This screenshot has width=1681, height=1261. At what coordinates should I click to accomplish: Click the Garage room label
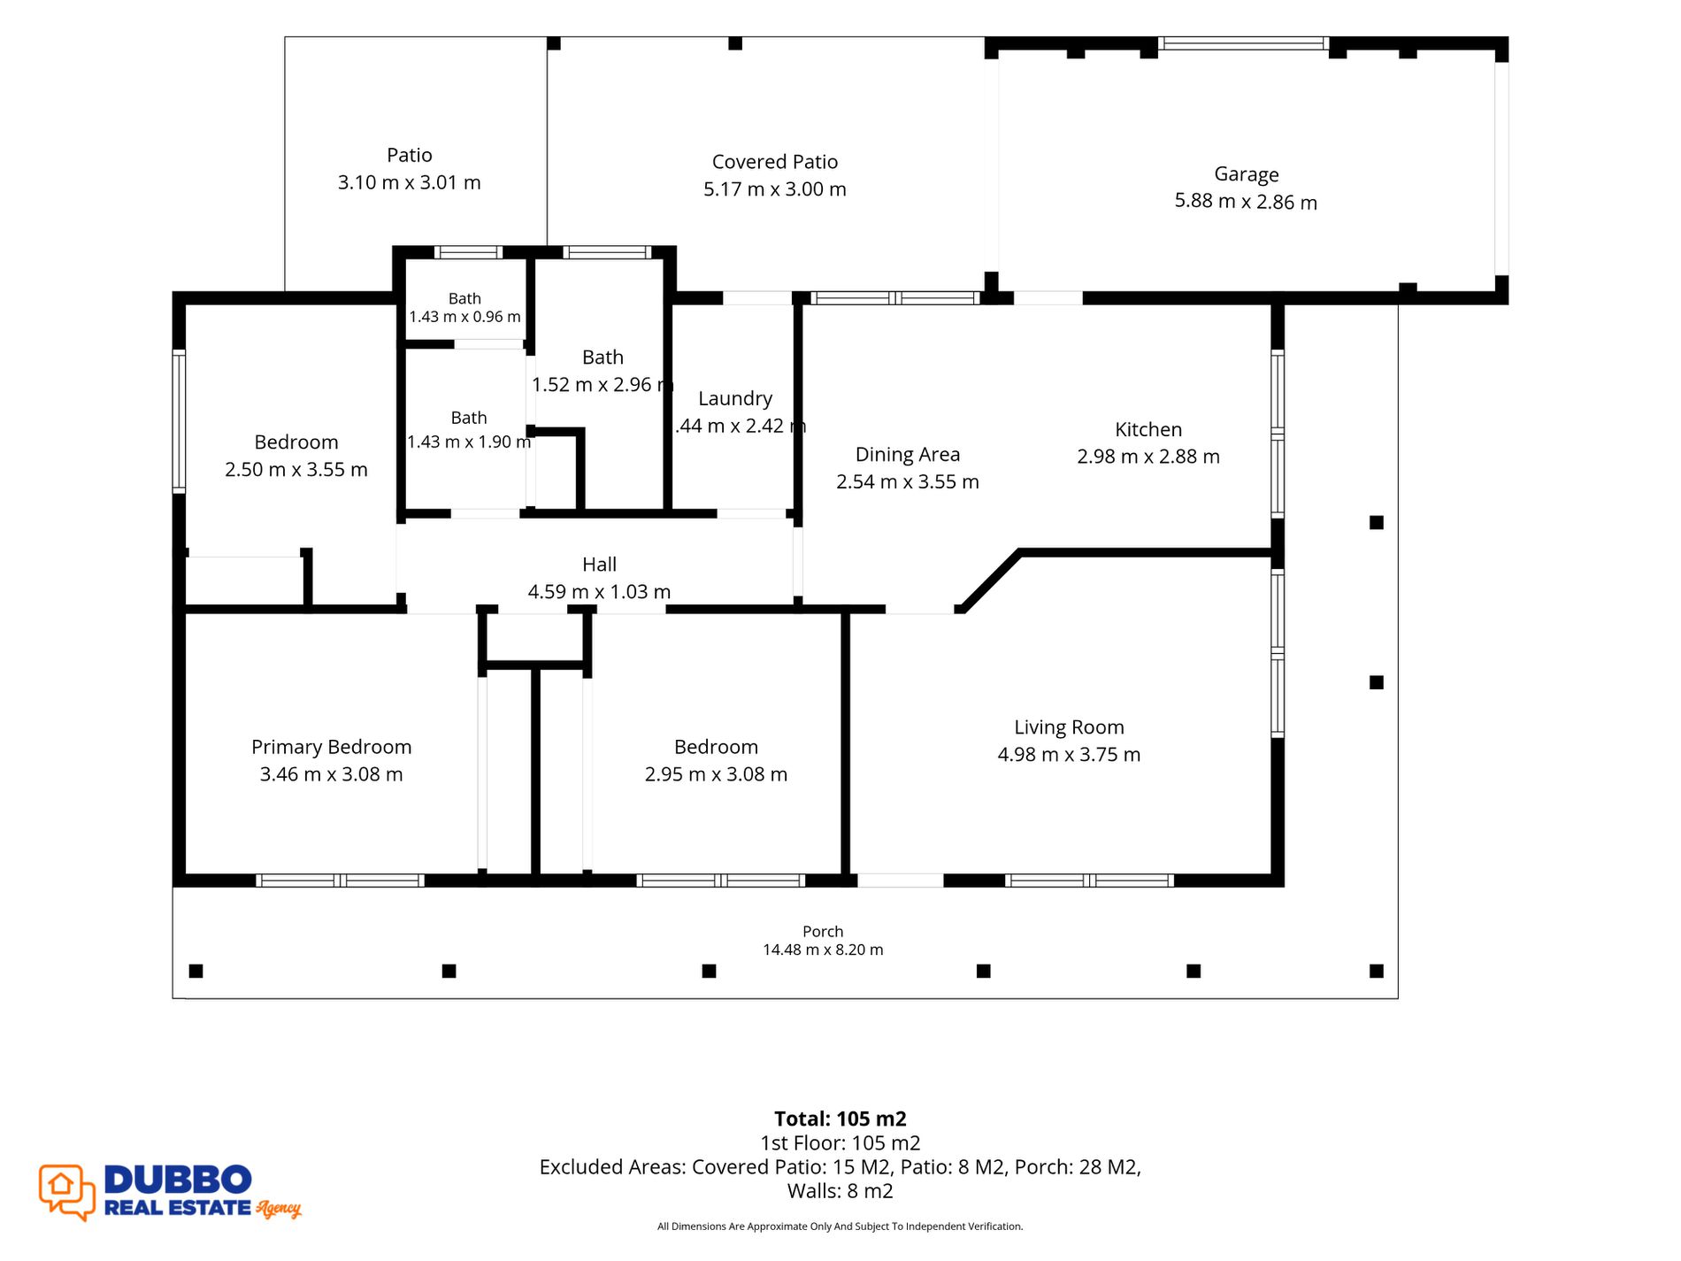tap(1246, 174)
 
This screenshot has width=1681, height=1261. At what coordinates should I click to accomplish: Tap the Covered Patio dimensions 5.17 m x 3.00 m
tap(774, 189)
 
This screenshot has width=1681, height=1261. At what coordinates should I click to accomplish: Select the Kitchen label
tap(1148, 429)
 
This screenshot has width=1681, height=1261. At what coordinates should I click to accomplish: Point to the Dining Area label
tap(907, 455)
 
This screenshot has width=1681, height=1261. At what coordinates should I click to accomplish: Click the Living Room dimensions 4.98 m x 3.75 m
tap(1069, 755)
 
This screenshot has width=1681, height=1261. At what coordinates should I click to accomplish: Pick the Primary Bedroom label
tap(331, 747)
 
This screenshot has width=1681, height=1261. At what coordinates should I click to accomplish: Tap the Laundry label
tap(734, 399)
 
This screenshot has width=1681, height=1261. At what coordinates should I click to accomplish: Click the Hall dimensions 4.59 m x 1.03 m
tap(599, 592)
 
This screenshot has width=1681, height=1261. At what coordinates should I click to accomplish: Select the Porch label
tap(823, 931)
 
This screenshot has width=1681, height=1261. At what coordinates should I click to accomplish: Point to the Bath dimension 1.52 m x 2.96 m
tap(603, 385)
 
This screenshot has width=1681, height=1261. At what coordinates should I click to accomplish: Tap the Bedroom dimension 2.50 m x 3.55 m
tap(296, 470)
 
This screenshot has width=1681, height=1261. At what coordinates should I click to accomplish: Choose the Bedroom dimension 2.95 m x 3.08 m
tap(716, 774)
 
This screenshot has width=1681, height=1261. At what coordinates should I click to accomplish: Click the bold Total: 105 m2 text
tap(840, 1119)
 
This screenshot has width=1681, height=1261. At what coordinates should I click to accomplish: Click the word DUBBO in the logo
tap(178, 1180)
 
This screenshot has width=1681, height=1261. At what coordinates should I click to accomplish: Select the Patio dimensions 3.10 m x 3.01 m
tap(409, 182)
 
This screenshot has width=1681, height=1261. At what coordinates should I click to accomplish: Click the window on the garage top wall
tap(1243, 43)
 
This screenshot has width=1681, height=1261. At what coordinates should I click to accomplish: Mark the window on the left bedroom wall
tap(179, 421)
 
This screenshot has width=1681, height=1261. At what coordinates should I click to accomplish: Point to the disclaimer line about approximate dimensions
tap(840, 1226)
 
